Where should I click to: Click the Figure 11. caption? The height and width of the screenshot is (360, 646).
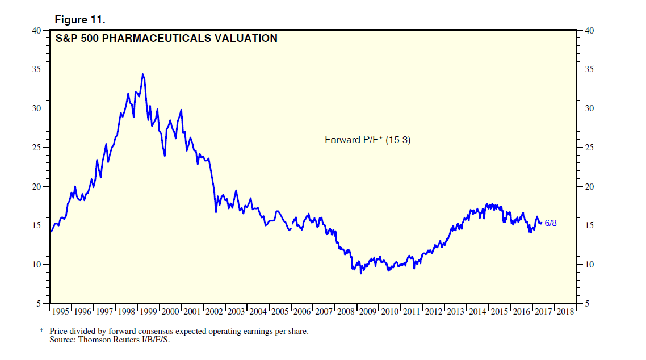coord(80,20)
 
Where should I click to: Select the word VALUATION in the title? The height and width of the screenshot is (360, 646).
coord(249,39)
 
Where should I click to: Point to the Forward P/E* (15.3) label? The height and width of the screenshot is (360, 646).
coord(367,140)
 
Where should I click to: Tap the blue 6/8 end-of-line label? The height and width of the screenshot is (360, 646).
coord(551,223)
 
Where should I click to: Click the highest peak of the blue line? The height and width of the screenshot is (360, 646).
coord(142,74)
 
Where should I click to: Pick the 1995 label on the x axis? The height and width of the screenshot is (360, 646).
coord(61,312)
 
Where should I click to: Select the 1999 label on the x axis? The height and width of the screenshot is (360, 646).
coord(149,312)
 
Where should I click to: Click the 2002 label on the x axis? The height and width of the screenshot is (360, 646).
coord(215,312)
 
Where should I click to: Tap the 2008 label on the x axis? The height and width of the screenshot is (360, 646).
coord(346,312)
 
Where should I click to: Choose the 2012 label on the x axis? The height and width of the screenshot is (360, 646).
coord(434,312)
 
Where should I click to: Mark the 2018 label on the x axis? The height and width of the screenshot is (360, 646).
coord(565,312)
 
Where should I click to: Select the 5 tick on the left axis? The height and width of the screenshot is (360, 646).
coord(39,304)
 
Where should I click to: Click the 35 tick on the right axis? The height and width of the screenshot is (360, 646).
coord(589,69)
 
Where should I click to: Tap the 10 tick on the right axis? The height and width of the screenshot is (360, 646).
coord(589,265)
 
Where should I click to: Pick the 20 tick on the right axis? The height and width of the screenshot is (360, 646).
coord(589,187)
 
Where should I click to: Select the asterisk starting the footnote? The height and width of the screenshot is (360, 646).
coord(41,330)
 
